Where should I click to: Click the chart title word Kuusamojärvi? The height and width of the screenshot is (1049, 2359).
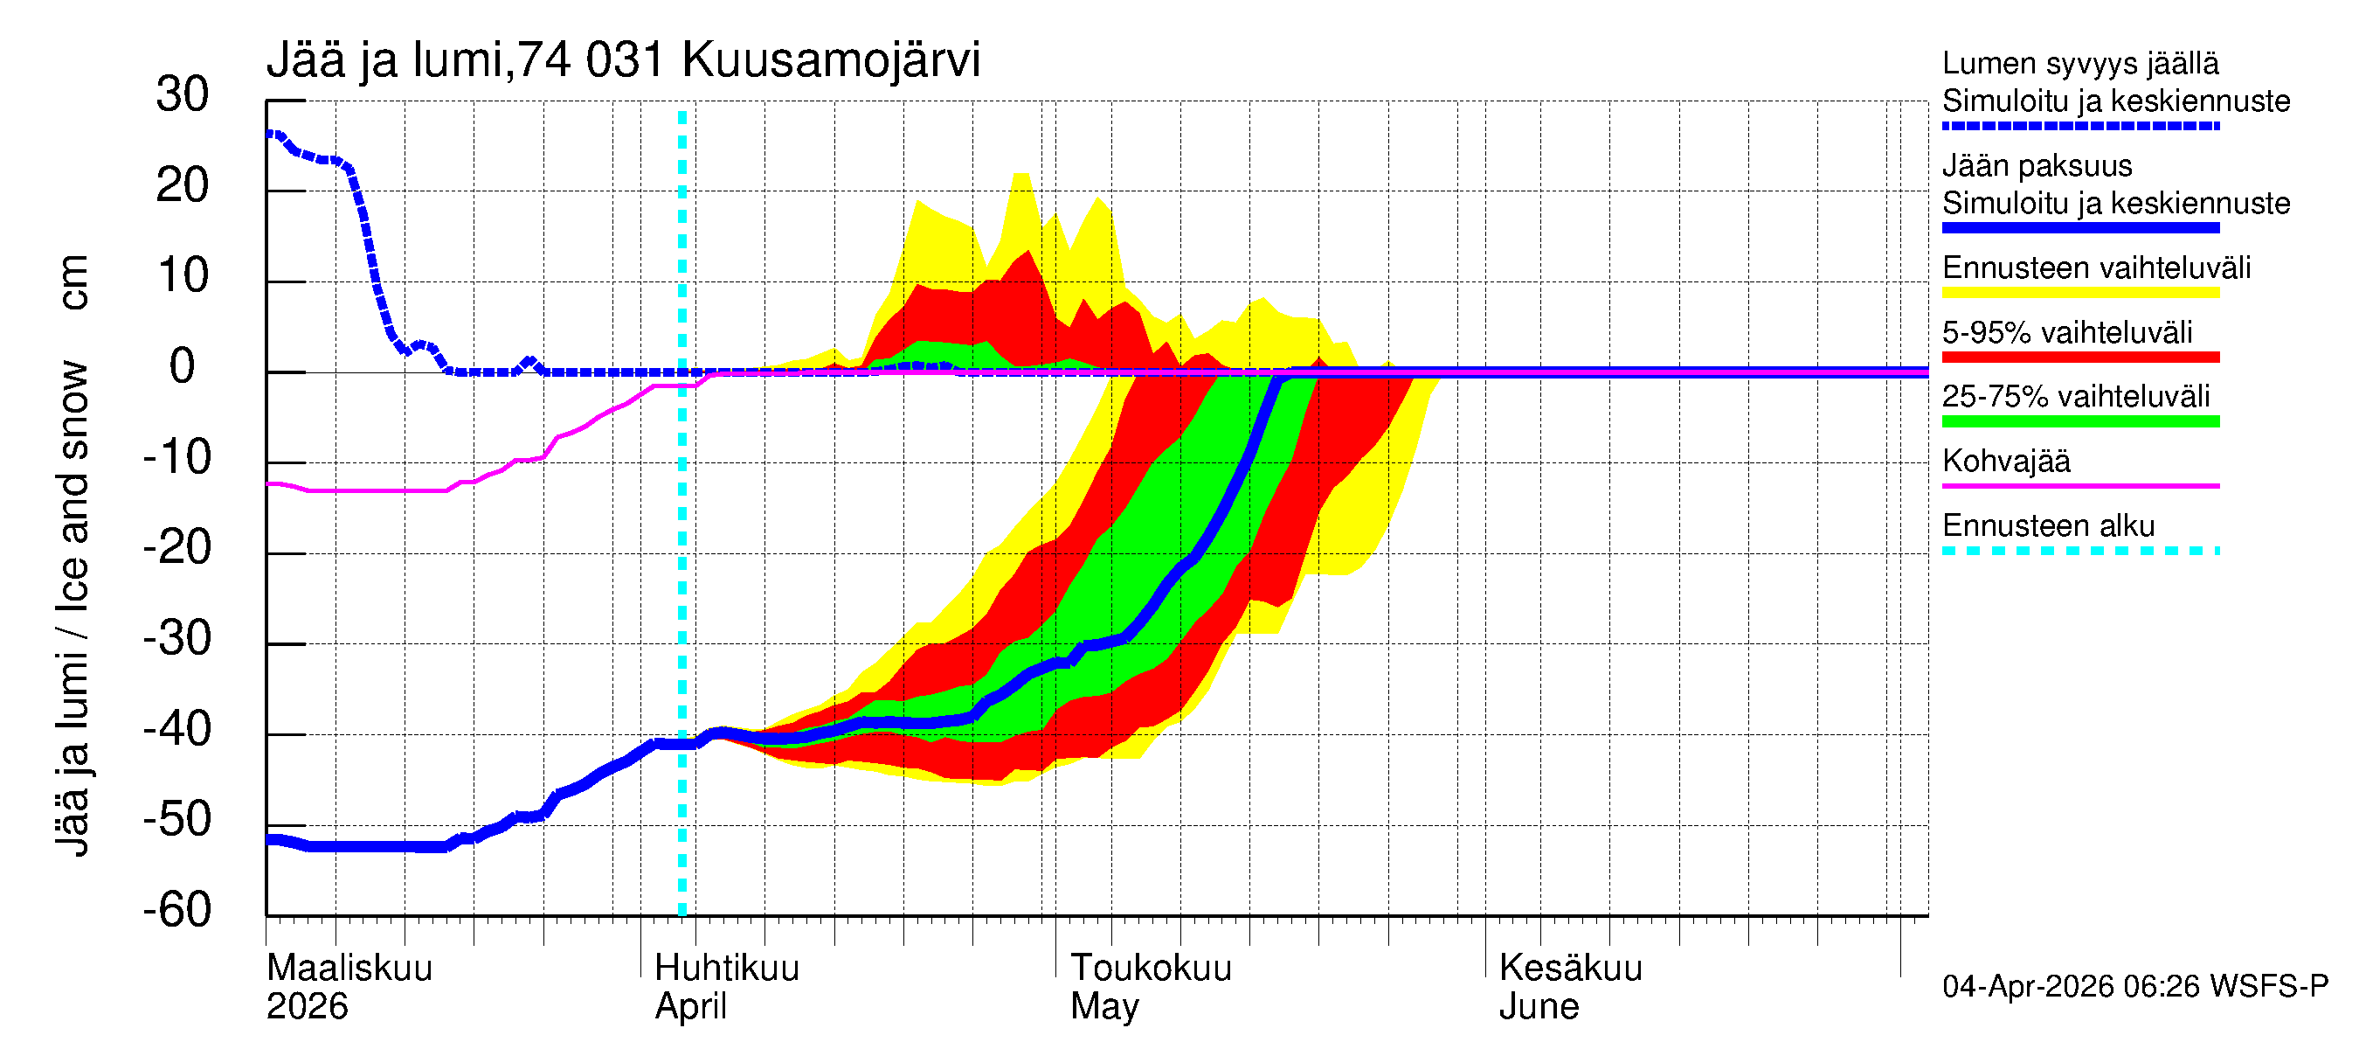[831, 60]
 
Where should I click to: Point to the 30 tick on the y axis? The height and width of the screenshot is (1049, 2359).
[183, 94]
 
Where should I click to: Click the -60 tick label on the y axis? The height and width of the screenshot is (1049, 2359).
[176, 910]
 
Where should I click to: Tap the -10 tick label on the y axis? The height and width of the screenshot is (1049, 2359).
[176, 457]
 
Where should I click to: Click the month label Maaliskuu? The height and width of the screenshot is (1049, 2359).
[349, 968]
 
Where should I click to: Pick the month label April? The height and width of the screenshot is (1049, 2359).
[690, 1007]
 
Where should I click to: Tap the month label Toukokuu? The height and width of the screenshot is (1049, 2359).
[1152, 968]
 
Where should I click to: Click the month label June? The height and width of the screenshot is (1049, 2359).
[1539, 1007]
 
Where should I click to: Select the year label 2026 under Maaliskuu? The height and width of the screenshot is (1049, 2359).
[307, 1007]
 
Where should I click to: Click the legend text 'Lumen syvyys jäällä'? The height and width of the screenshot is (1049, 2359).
[2079, 63]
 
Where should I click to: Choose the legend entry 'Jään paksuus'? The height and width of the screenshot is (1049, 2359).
[2037, 166]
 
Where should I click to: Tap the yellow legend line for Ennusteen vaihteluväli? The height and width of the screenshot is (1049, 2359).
[2079, 293]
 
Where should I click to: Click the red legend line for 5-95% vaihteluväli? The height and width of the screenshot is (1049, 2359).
[2079, 358]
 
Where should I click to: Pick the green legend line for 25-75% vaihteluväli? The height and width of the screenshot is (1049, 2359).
[2079, 421]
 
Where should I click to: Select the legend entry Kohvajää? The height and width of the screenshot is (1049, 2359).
[2005, 461]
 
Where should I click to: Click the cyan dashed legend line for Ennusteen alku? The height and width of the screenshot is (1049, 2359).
[2079, 551]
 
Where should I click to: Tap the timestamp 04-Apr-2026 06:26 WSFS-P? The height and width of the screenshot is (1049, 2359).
[2134, 987]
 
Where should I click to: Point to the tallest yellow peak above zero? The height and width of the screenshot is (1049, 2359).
[1021, 176]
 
